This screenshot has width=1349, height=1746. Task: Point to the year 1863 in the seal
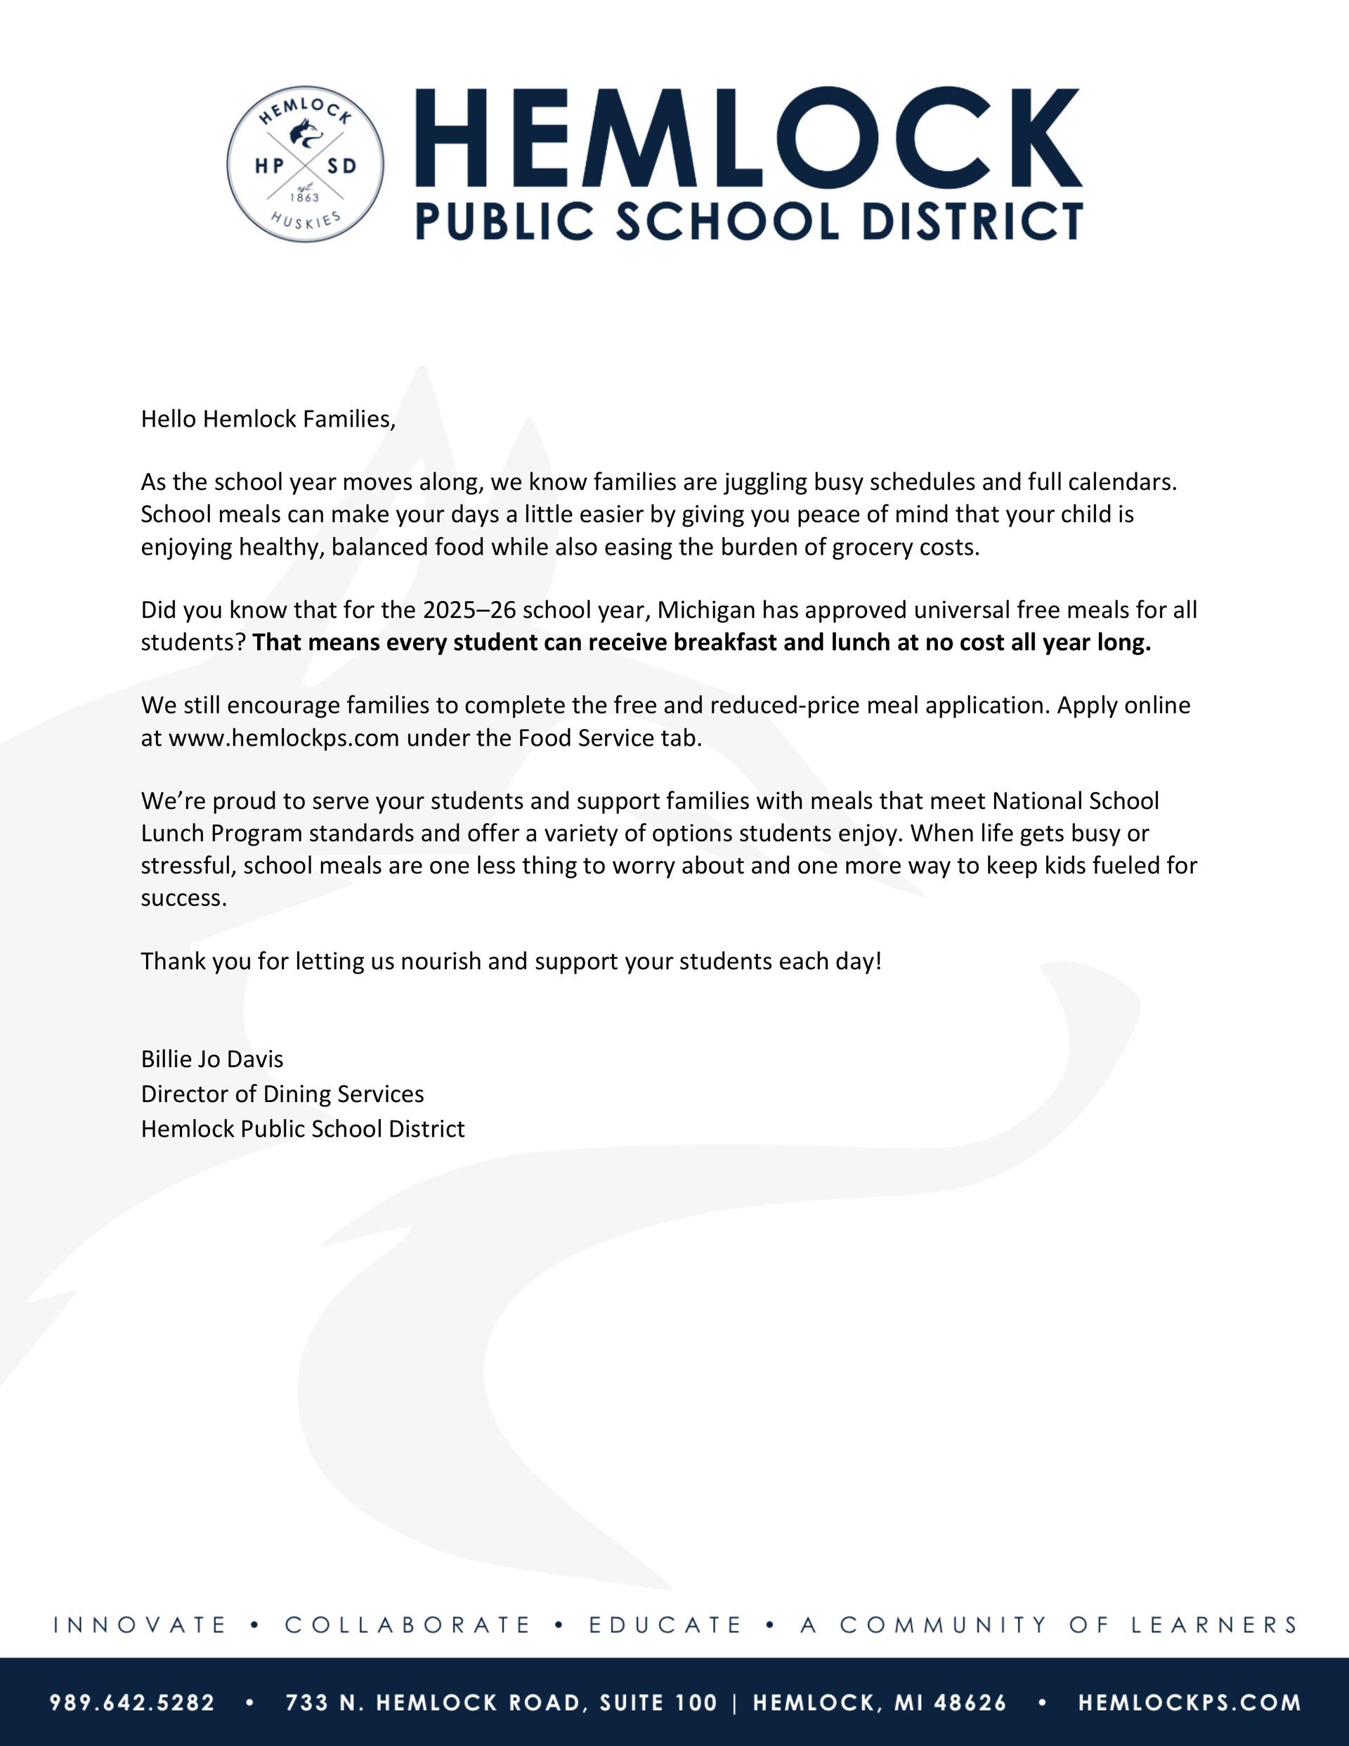point(304,197)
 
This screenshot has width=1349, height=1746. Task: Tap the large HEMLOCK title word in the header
point(748,138)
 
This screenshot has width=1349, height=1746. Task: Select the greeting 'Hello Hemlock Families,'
point(268,419)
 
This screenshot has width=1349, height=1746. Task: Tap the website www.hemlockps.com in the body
point(284,737)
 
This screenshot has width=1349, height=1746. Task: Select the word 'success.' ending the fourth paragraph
point(184,898)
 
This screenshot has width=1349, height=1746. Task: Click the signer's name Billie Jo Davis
point(211,1059)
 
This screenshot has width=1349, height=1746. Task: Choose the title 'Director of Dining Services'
point(282,1094)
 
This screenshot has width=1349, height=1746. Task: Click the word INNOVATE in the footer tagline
point(141,1624)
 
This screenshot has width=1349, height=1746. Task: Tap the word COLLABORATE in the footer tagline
point(408,1624)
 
